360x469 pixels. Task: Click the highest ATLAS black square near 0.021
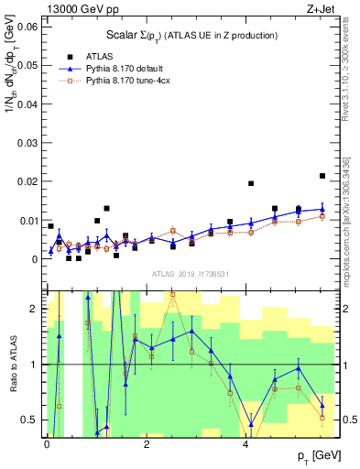[322, 176]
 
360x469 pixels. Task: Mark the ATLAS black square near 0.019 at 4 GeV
[251, 183]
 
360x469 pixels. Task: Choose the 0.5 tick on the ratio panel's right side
[349, 420]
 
